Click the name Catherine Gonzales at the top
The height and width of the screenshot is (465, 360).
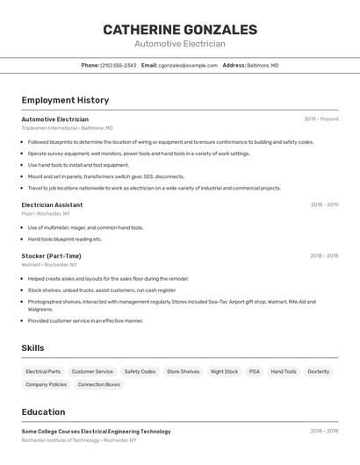(180, 30)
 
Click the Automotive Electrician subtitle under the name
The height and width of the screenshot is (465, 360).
(180, 44)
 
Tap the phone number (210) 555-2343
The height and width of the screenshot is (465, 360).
(118, 65)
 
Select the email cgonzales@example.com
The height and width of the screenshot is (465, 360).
(188, 65)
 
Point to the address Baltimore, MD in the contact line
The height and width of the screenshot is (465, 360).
(263, 65)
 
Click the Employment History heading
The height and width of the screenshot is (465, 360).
(65, 100)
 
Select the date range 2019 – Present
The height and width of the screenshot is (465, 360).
(321, 119)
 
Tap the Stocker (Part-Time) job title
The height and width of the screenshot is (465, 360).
(51, 256)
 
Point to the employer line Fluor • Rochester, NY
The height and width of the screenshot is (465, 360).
(46, 213)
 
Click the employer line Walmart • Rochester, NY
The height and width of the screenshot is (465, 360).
(49, 264)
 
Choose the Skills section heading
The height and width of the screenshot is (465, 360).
(32, 348)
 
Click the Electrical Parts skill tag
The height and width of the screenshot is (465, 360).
(43, 372)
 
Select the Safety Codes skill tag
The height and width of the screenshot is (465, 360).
(140, 372)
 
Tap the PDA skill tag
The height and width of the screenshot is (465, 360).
(255, 372)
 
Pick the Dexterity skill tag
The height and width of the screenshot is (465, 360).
(318, 372)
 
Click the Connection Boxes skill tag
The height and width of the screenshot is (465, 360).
(98, 384)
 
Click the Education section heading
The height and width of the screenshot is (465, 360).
(43, 412)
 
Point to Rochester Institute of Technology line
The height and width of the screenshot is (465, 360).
(79, 440)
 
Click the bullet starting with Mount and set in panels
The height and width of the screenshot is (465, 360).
(106, 176)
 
